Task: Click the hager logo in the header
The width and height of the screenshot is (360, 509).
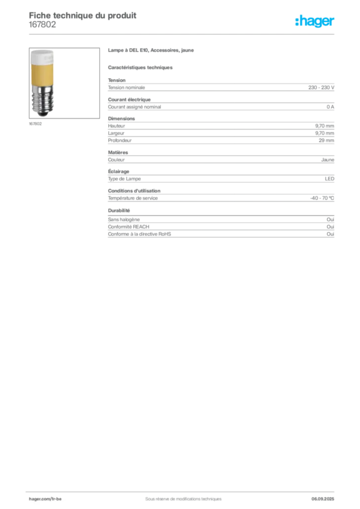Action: (314, 21)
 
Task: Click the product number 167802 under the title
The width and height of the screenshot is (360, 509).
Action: (42, 25)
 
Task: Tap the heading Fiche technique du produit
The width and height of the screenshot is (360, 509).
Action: (83, 15)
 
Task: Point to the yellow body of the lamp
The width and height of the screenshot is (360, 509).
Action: (42, 74)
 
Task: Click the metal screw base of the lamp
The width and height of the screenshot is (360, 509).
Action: (42, 100)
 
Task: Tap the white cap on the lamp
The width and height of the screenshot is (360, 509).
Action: (42, 57)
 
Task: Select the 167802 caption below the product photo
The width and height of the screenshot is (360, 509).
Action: (35, 124)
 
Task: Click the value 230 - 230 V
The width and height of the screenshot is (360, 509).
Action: (321, 87)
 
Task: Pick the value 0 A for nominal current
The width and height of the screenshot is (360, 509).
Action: (330, 107)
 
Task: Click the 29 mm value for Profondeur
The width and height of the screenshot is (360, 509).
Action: (326, 140)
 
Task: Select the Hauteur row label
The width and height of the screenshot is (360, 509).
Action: (116, 126)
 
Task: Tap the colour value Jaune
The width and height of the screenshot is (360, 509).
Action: (328, 160)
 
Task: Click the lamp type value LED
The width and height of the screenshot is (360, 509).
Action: (330, 179)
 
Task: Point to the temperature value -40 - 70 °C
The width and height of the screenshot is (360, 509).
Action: (322, 198)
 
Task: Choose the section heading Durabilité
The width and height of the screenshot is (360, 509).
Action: (119, 210)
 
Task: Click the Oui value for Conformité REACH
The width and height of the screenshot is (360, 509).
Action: (330, 227)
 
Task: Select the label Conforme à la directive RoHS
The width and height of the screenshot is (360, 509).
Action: (140, 234)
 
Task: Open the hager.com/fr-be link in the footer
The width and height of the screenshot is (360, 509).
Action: (45, 499)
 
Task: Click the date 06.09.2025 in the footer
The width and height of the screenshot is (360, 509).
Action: (323, 499)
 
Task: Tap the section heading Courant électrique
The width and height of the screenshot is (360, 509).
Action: (129, 99)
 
